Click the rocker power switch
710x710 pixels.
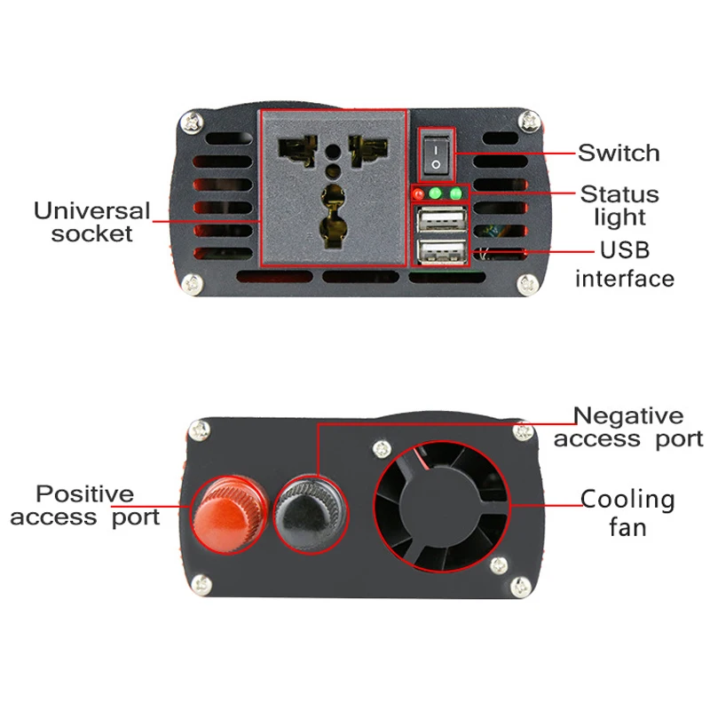[x=436, y=154]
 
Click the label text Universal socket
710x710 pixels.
[x=91, y=223]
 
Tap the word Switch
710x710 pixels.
[x=619, y=153]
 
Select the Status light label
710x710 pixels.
[x=619, y=205]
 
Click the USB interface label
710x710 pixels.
[x=624, y=264]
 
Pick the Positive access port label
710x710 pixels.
[x=85, y=505]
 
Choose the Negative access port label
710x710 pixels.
[x=628, y=427]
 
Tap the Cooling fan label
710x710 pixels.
[x=627, y=513]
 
